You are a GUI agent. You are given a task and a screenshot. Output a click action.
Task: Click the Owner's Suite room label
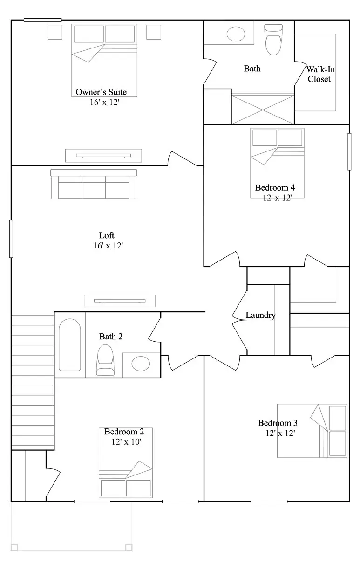101,92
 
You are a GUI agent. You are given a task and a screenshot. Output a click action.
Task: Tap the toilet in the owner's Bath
273,40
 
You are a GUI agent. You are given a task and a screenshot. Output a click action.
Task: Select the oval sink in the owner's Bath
236,34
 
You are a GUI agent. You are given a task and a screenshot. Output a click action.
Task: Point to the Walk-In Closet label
320,74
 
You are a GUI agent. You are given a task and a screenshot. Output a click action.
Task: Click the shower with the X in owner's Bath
263,109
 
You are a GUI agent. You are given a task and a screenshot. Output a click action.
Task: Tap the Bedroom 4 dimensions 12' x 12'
277,198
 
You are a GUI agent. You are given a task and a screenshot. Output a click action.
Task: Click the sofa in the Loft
94,184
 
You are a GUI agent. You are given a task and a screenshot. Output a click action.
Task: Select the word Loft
107,235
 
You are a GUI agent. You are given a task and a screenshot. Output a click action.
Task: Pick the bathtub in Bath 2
70,345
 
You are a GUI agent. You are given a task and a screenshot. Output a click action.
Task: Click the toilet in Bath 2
105,360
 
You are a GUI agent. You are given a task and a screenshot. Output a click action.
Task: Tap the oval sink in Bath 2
141,364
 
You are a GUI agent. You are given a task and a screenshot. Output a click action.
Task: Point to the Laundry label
260,315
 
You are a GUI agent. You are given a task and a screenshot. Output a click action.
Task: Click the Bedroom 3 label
278,423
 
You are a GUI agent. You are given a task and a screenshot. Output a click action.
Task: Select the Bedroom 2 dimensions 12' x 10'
126,441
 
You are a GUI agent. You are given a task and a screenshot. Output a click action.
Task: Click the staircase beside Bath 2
33,382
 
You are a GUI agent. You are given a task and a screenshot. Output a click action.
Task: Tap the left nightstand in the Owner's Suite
55,32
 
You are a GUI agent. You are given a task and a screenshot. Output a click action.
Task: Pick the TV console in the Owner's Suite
103,156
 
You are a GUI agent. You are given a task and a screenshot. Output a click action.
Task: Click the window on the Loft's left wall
11,239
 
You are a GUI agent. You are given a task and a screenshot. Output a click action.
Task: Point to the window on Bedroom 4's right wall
349,151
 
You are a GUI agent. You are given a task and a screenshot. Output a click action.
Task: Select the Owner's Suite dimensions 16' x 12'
105,102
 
